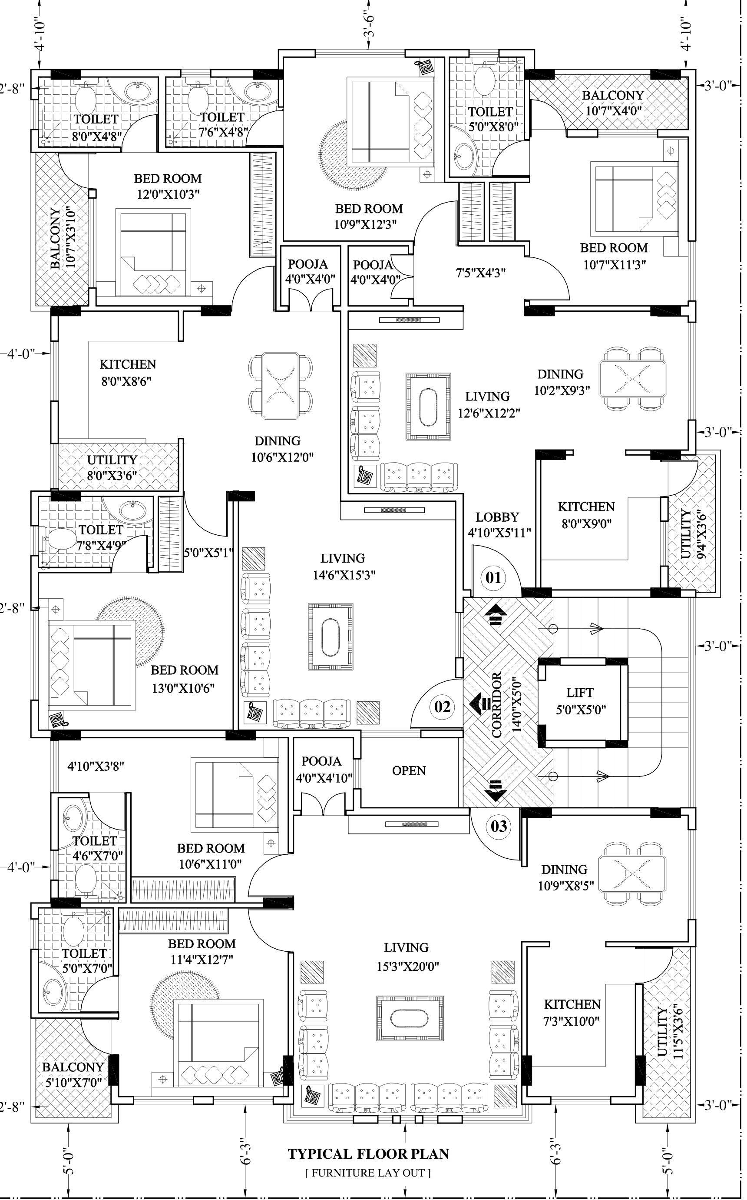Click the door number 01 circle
[493, 577]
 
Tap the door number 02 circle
[442, 707]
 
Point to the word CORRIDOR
[496, 705]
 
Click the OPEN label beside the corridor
[409, 771]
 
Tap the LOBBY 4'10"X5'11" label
[499, 525]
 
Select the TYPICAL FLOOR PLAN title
[369, 1154]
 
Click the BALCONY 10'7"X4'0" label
[613, 102]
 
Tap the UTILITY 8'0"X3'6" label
[112, 468]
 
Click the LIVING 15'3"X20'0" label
[407, 957]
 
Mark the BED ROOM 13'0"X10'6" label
[184, 679]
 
